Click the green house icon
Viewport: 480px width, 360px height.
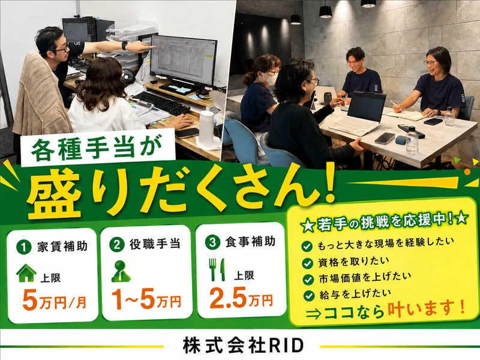[26, 273]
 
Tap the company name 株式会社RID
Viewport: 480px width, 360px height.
[243, 346]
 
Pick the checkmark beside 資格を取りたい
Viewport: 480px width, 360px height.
[307, 263]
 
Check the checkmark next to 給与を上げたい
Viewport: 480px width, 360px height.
[308, 295]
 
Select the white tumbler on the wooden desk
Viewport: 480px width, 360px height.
[206, 128]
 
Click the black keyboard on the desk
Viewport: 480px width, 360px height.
[161, 103]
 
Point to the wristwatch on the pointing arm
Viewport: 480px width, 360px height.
[124, 45]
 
